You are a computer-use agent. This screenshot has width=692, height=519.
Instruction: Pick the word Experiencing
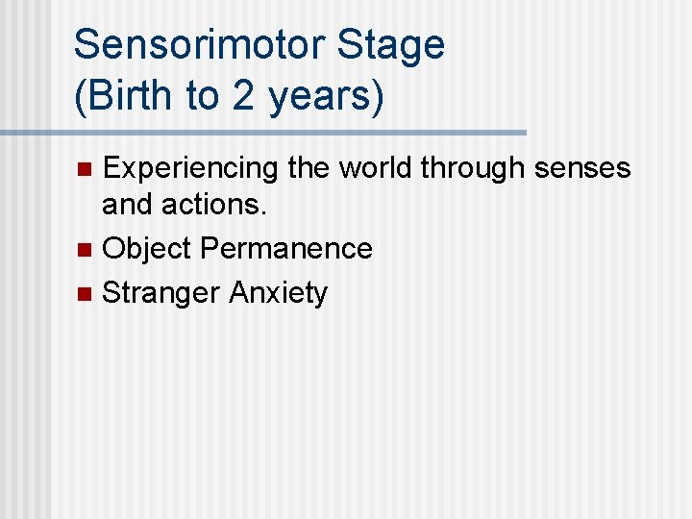[x=189, y=168]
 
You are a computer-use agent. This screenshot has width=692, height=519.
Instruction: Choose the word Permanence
[x=286, y=248]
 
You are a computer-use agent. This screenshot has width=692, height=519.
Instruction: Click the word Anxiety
[x=279, y=292]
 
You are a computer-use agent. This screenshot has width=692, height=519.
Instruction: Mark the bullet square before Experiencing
[x=84, y=170]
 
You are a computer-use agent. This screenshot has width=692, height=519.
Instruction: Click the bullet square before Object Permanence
[x=84, y=250]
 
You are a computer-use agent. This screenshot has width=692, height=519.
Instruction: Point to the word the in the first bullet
[x=308, y=168]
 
